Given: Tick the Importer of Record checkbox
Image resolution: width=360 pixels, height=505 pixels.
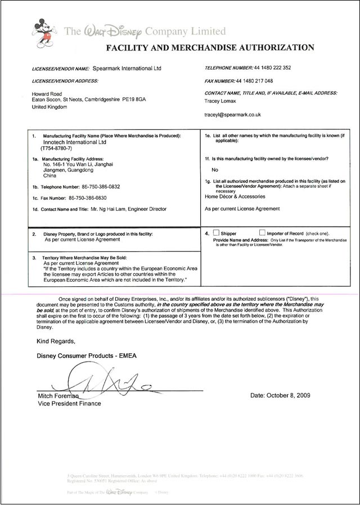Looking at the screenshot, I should coord(262,233).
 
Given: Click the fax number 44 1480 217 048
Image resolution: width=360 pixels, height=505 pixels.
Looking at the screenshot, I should coord(262,81).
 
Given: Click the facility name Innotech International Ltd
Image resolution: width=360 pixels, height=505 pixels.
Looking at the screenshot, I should coord(70,143).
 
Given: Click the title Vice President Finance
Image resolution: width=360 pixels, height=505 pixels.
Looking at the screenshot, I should coord(69,403).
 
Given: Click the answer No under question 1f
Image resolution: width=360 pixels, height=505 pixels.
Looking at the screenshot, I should coord(214,169).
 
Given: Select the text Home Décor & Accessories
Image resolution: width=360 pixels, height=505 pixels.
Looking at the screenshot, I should coord(235,197).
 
